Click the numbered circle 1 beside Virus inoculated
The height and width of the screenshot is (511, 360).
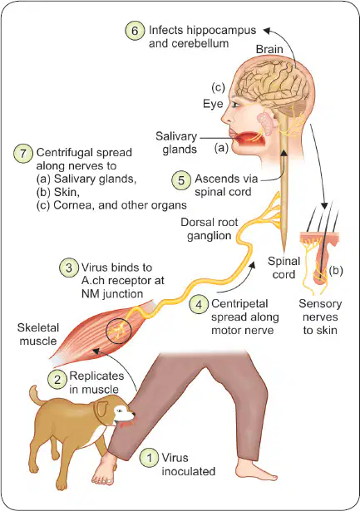150,458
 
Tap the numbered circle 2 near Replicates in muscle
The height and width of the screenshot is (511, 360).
57,380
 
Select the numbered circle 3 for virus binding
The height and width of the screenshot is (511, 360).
69,268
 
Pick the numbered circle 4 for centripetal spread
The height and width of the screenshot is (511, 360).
199,304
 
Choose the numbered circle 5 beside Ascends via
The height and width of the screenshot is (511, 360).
181,180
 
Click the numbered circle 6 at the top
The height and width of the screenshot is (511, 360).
135,31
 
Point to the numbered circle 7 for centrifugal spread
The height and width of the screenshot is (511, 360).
23,153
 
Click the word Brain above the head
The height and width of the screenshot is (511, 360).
269,49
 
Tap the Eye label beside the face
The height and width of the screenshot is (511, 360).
213,104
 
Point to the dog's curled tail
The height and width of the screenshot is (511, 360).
35,396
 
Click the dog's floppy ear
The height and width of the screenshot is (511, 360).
102,408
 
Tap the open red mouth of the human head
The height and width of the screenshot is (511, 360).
249,140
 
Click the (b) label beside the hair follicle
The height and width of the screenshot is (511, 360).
336,271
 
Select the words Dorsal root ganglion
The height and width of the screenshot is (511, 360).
210,228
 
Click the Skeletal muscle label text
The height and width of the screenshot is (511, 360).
38,334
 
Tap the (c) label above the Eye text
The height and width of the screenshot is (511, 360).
218,87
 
